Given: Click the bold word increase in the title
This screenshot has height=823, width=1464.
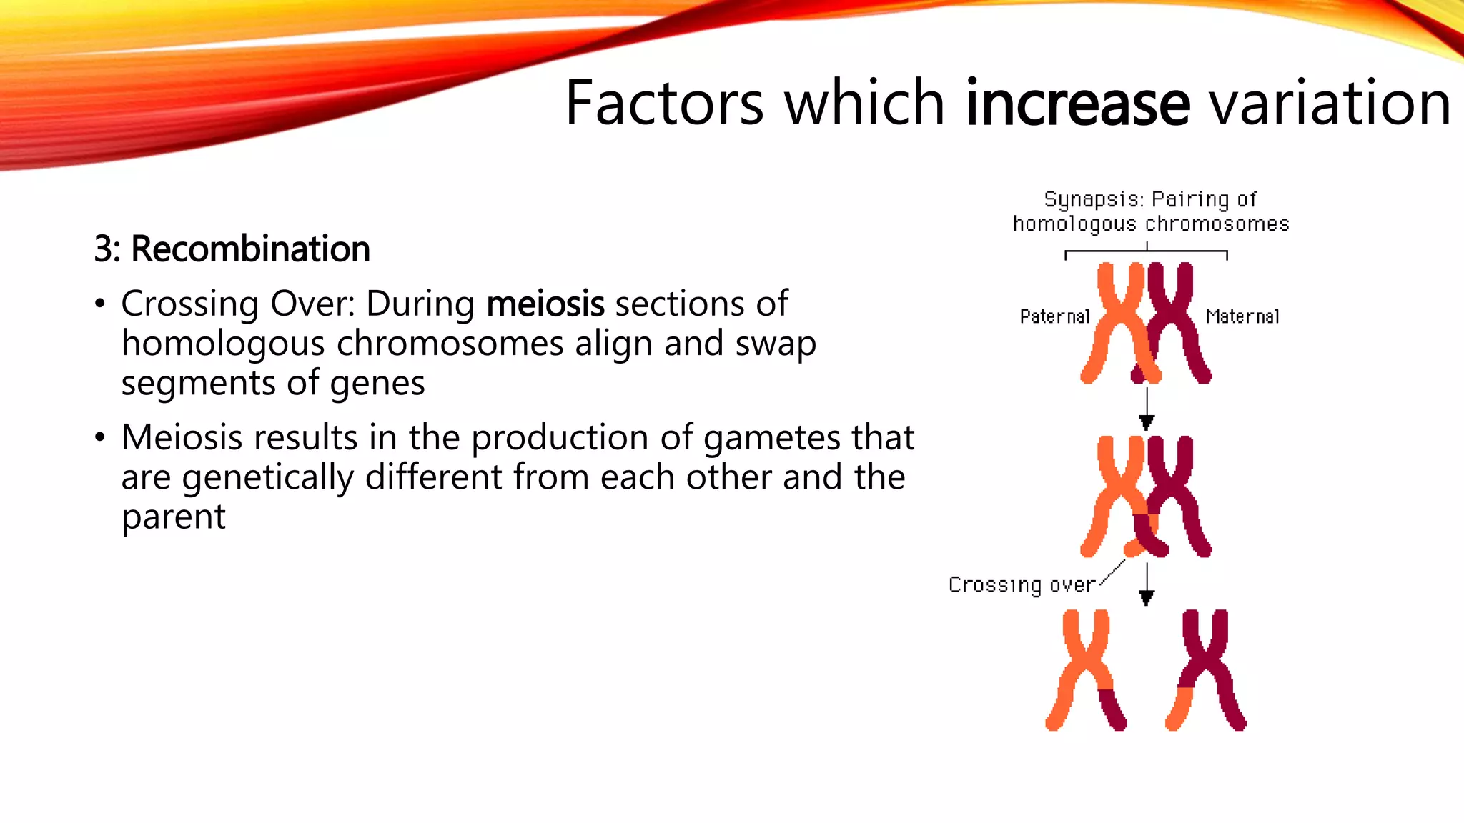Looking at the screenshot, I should click(1077, 104).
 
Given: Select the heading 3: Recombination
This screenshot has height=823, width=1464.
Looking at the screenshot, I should click(232, 249).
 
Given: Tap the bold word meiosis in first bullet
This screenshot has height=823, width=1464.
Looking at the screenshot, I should click(545, 304).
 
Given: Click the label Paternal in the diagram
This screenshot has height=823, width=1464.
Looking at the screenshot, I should click(1054, 316).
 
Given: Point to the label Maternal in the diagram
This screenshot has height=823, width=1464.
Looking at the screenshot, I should click(1242, 316).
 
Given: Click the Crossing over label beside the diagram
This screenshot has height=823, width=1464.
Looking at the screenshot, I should click(1022, 584).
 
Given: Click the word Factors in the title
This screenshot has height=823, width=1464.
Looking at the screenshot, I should click(664, 104).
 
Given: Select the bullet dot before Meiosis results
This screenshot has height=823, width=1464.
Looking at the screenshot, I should click(100, 437).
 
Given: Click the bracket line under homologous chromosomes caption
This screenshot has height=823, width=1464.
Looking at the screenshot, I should click(1146, 251).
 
